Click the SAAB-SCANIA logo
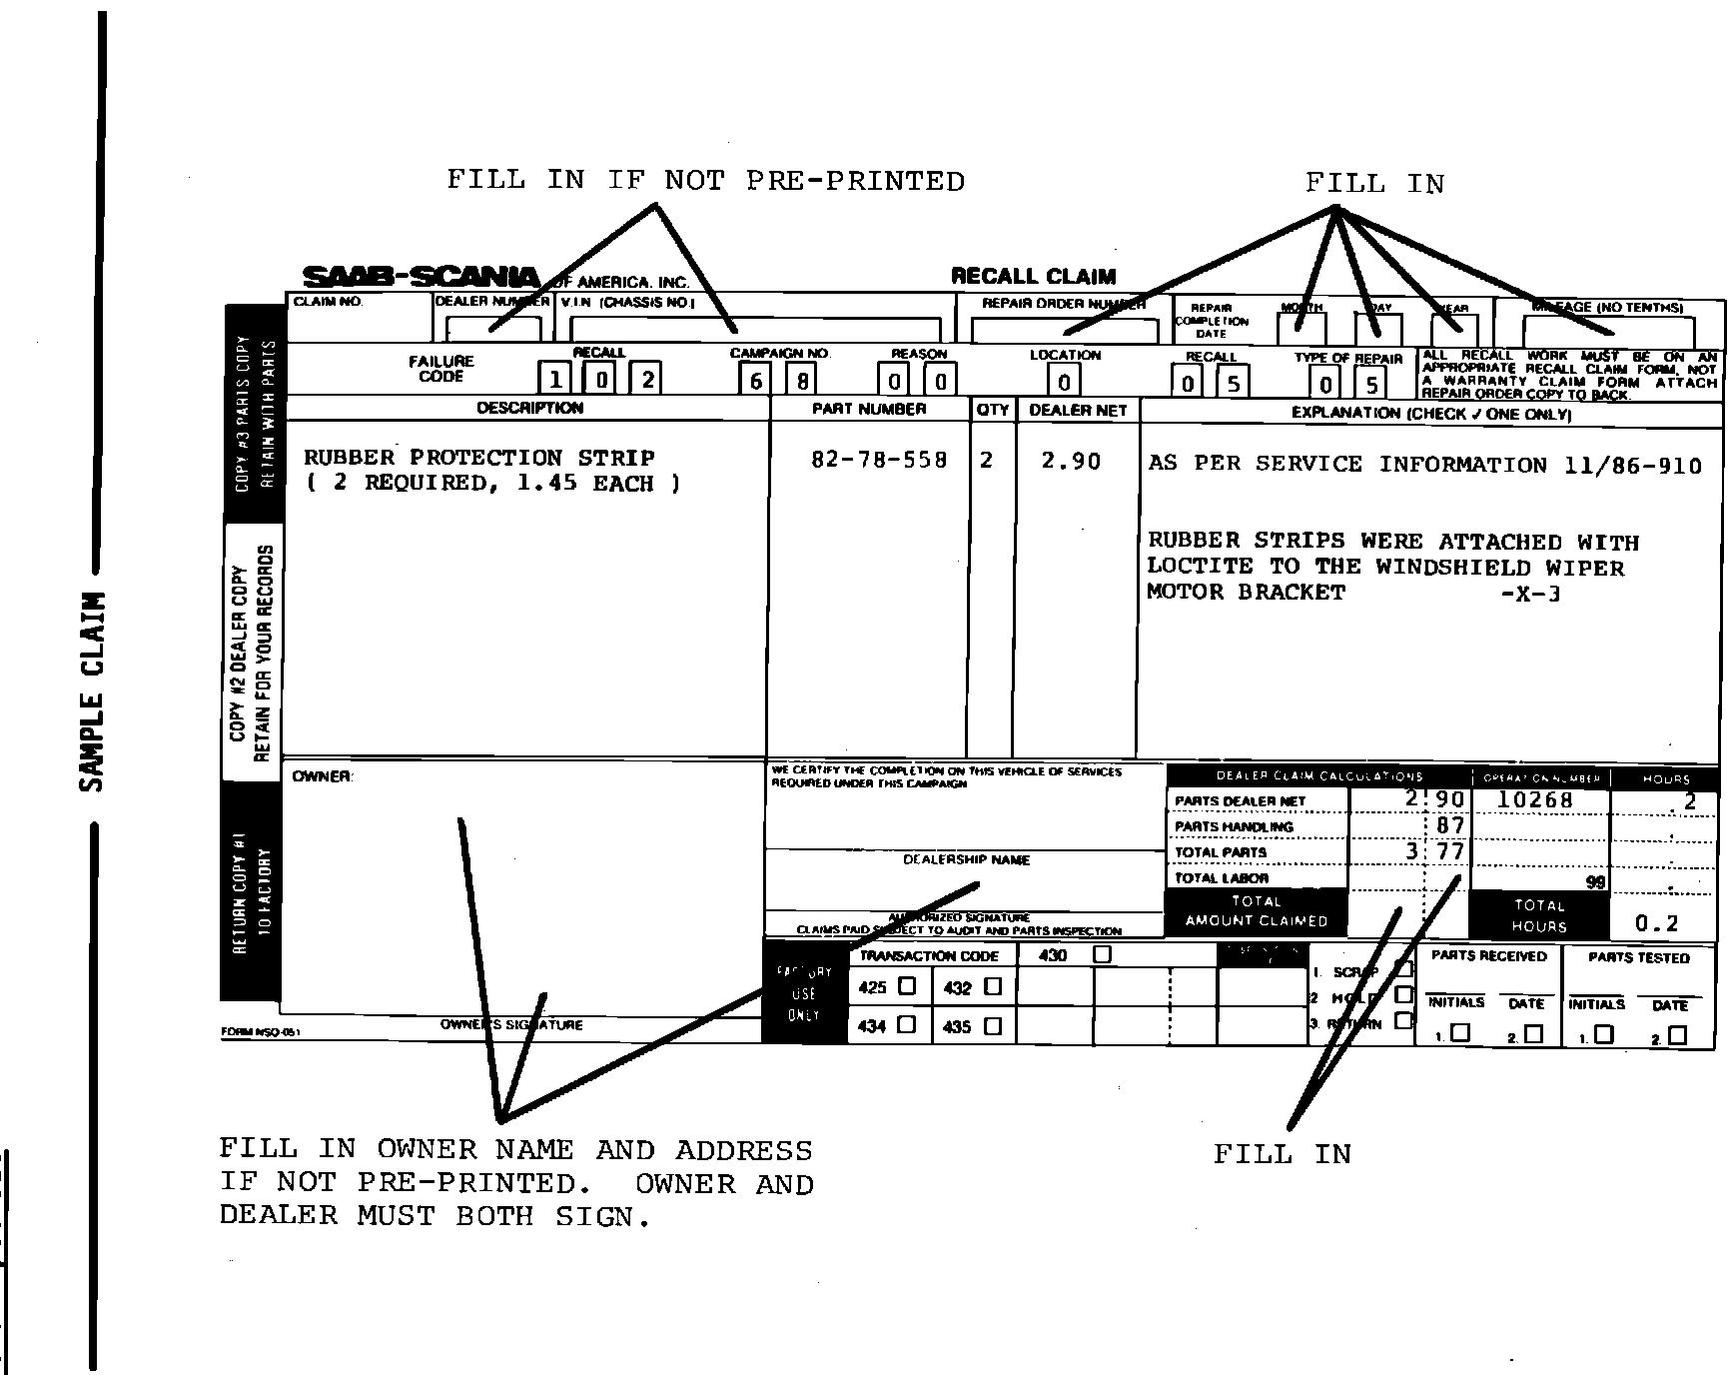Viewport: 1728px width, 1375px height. [x=421, y=277]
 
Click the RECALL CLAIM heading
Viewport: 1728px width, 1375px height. [x=1033, y=277]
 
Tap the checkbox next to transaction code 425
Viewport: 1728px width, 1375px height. [x=907, y=986]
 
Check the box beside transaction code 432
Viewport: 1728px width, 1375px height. [x=993, y=986]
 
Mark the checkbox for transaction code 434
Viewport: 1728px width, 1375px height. [x=907, y=1024]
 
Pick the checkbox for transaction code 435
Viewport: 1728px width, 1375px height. [x=993, y=1025]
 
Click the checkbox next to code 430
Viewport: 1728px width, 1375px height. [x=1102, y=954]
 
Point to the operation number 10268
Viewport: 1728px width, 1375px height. [x=1535, y=799]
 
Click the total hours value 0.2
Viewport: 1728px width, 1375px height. [x=1657, y=923]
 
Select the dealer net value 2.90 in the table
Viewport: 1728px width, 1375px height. [x=1071, y=461]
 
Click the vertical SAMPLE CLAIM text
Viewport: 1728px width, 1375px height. [x=92, y=691]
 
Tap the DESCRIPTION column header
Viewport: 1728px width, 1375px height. [x=529, y=408]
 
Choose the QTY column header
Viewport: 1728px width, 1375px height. [x=993, y=410]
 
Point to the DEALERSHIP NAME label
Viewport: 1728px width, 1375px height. [x=966, y=859]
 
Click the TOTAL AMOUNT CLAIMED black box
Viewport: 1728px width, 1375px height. [x=1256, y=911]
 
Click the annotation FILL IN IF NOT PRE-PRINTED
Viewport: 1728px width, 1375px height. [x=705, y=181]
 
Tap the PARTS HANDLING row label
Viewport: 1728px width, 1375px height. [x=1234, y=826]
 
